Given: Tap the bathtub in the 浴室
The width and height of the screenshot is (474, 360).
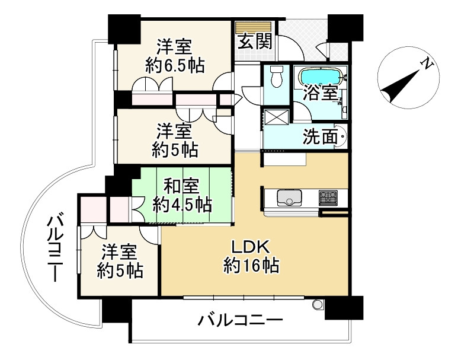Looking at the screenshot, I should [x=321, y=77].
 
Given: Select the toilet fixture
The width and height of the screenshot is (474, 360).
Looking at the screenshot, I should [x=276, y=77].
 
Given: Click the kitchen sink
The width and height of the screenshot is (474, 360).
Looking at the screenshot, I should [x=290, y=197].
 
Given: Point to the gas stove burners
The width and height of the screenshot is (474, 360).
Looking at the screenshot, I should [x=328, y=197].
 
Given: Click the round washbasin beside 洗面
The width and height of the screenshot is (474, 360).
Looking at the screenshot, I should [x=342, y=138].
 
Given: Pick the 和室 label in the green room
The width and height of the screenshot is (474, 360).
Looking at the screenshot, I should [x=182, y=187].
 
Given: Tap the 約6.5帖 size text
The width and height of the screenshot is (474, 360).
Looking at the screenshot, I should [x=175, y=65].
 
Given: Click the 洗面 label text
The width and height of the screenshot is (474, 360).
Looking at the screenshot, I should [x=318, y=137].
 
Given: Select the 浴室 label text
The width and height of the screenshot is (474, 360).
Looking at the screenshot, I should [x=321, y=93].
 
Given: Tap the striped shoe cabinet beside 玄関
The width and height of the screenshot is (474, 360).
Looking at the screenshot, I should [x=254, y=27].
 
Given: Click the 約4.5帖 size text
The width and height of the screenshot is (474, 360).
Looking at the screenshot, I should [x=182, y=205].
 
